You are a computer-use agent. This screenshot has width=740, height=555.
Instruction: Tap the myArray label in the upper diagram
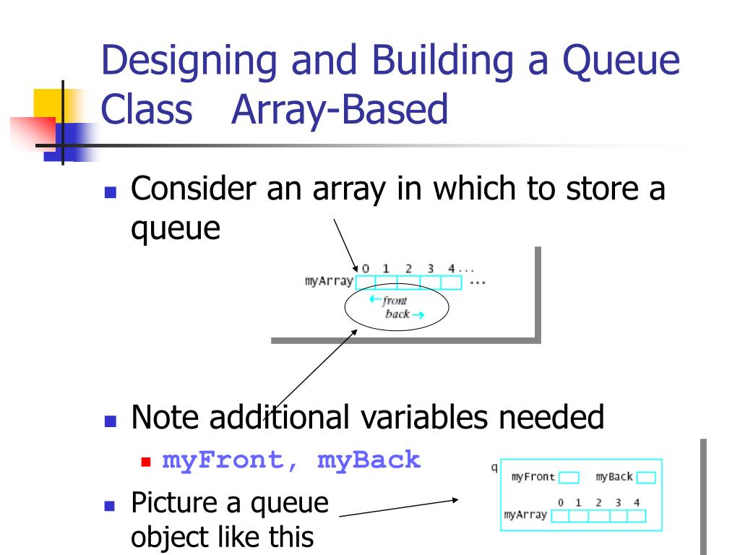tap(329, 282)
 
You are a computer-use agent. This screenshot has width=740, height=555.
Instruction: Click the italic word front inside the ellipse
tap(395, 300)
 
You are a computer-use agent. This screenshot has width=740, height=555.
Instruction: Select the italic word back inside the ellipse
tap(397, 314)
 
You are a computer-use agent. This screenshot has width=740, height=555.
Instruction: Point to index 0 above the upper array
tap(366, 268)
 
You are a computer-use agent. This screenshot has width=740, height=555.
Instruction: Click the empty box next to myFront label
tap(569, 478)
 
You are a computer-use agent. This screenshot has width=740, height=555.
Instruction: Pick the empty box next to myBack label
tap(646, 478)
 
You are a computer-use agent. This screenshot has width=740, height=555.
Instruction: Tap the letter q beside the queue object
tap(494, 467)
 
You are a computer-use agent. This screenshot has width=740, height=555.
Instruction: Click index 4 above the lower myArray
tap(636, 502)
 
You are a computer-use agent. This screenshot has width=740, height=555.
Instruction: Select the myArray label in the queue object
tap(525, 516)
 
